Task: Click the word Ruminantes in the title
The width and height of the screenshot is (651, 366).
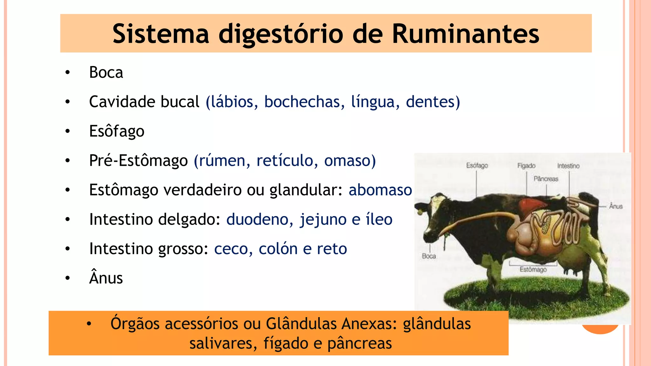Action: point(465,34)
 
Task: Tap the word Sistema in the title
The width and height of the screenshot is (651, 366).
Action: point(161,34)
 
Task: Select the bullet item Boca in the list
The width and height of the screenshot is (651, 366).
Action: point(106,72)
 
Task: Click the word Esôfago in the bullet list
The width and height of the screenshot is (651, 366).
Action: point(117,131)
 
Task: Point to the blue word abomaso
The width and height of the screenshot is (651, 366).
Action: point(380,190)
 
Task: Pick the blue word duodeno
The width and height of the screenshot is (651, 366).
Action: point(257,219)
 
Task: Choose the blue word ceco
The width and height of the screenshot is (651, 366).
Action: point(231,249)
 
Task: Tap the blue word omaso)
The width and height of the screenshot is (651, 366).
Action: point(350,160)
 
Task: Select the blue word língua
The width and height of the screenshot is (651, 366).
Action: point(373,102)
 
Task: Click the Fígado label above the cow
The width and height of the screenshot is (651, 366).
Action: point(526,166)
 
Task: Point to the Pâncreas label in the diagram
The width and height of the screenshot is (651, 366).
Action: point(546,179)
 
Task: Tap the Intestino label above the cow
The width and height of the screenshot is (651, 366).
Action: point(568,166)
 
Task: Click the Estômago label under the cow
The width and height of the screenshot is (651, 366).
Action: point(533,269)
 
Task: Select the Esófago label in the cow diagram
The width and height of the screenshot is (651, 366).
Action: point(477,166)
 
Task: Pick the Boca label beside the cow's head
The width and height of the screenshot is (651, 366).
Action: point(429,256)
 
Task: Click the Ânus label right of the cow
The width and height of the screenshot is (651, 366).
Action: point(615,206)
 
